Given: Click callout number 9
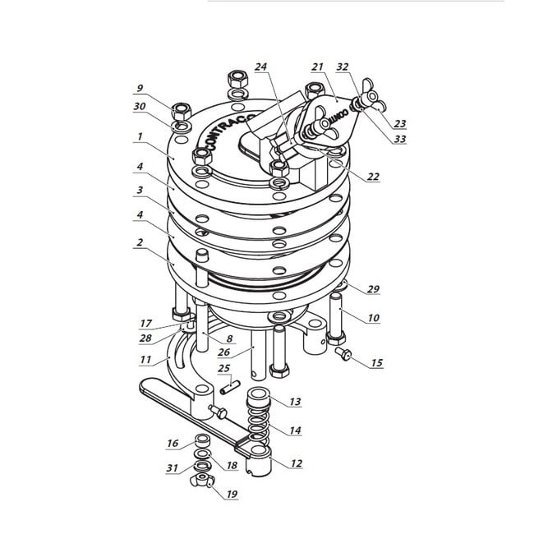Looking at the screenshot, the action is (x=140, y=89).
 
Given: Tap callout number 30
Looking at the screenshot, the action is (x=140, y=107).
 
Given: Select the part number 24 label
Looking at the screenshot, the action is (x=261, y=67).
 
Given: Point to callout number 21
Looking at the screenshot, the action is (x=317, y=67).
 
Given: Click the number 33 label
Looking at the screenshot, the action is (x=400, y=139).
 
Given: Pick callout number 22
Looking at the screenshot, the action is (x=373, y=177).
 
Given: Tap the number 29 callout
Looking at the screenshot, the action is (x=373, y=289).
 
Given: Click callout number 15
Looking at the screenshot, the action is (x=376, y=362).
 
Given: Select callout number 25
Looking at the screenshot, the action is (x=223, y=368).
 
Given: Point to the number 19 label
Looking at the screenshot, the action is (x=232, y=494).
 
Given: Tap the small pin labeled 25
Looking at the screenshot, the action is (x=230, y=388).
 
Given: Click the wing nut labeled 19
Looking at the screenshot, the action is (x=202, y=481).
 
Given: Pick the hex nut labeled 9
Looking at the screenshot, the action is (x=182, y=111).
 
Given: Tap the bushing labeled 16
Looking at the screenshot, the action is (x=202, y=441).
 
